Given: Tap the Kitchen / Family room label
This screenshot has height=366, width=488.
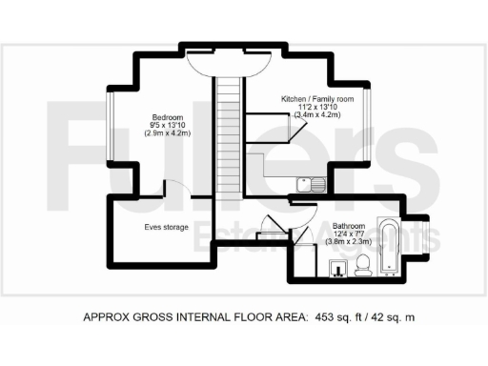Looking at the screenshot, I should coord(316,99).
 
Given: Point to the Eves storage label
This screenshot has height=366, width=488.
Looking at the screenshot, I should coord(166,228).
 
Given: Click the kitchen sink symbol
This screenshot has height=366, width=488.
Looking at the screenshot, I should coord(312,182).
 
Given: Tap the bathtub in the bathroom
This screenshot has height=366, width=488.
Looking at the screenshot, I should coord(391,247).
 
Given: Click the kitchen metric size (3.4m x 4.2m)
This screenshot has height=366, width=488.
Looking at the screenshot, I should coord(316,116).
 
